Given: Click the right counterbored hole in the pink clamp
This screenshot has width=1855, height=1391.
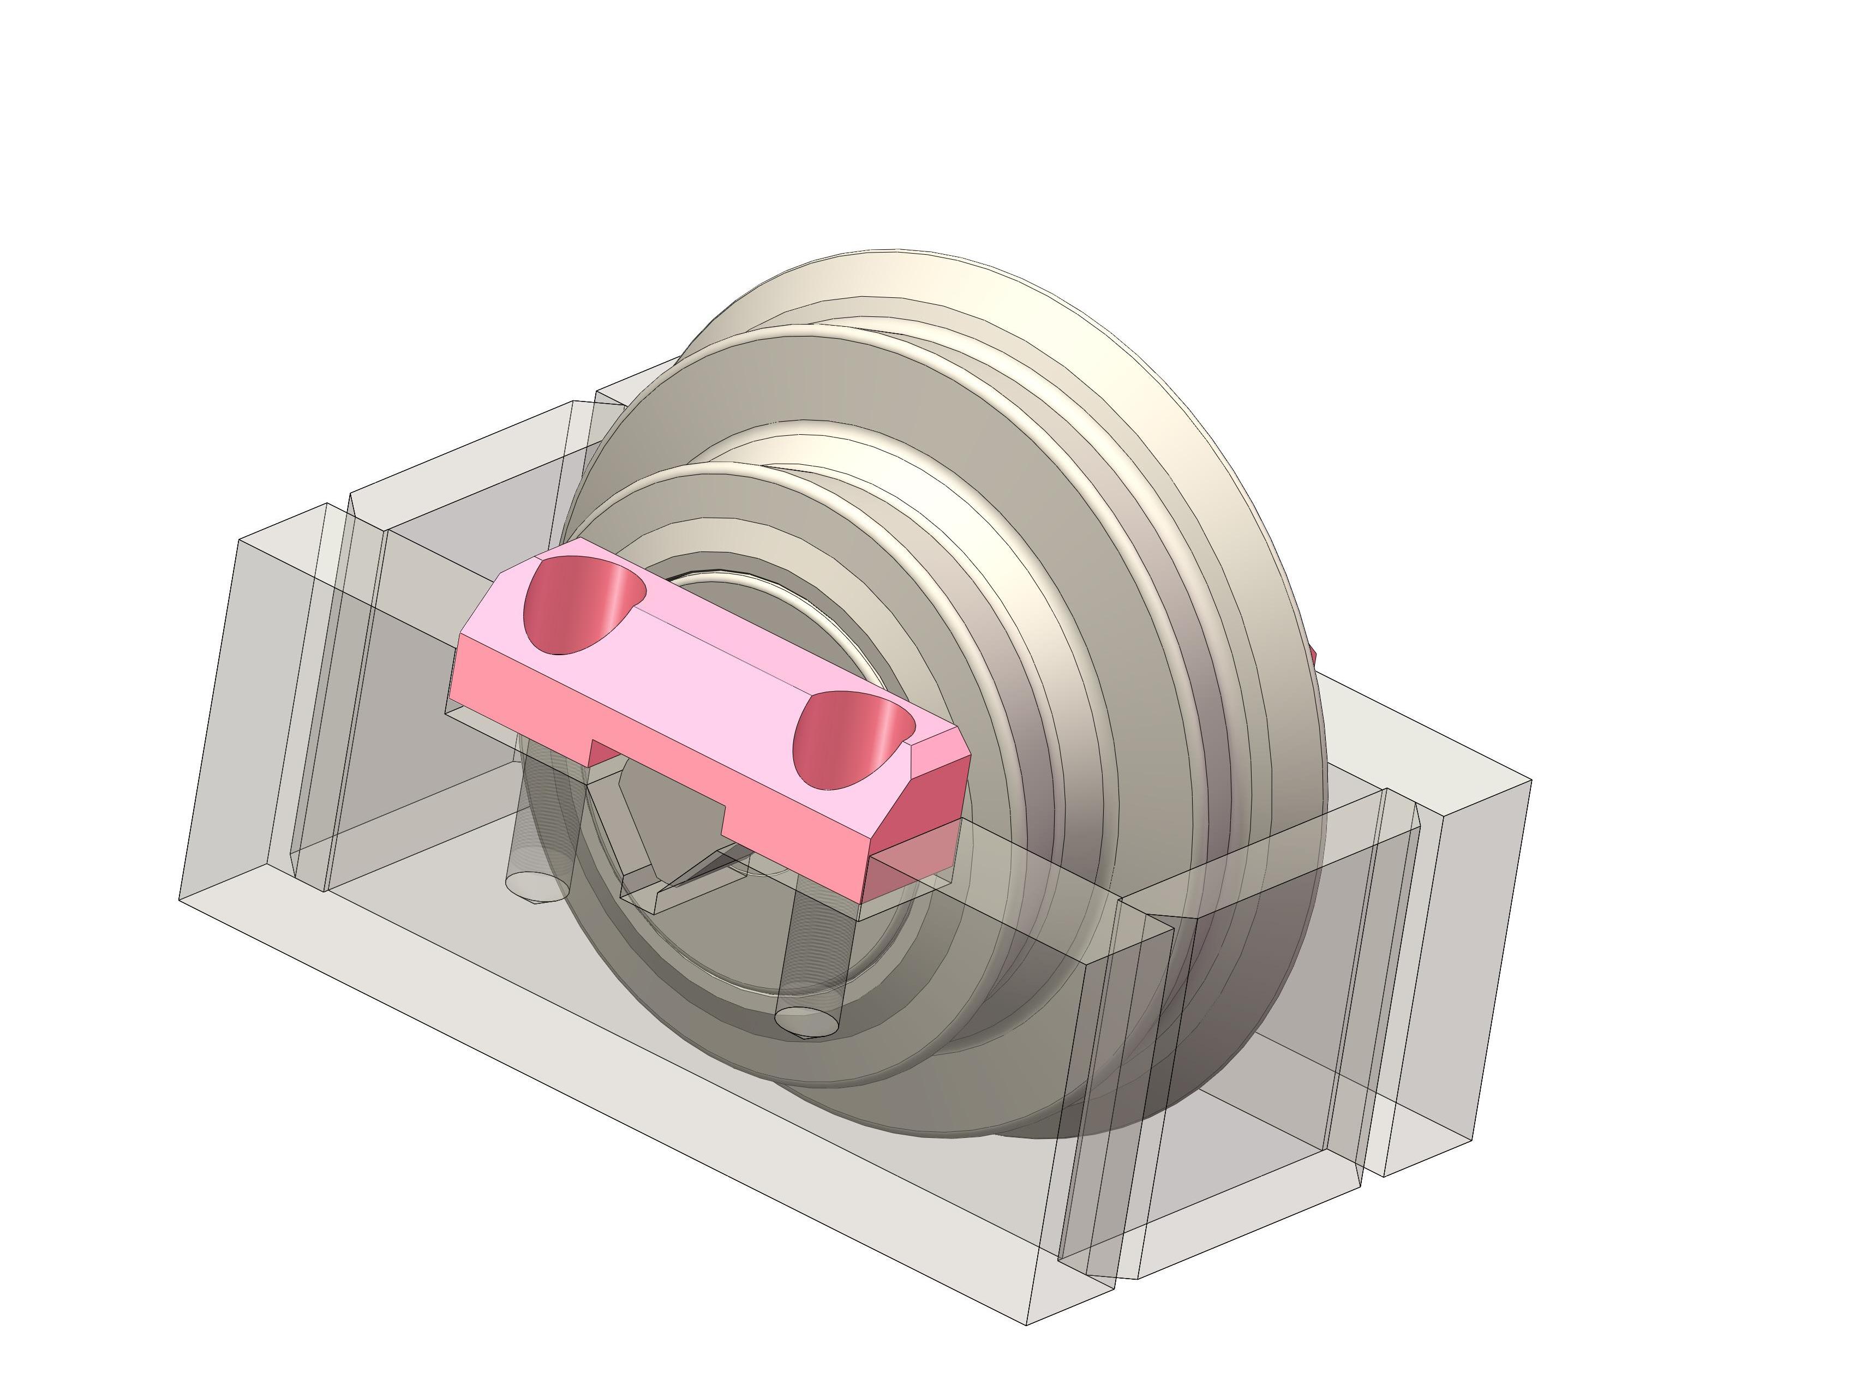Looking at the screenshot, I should pos(849,740).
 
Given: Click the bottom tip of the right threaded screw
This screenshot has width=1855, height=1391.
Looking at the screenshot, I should pos(807,1021).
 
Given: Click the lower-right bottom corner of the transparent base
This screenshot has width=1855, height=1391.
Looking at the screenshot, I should pos(1028,1325).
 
